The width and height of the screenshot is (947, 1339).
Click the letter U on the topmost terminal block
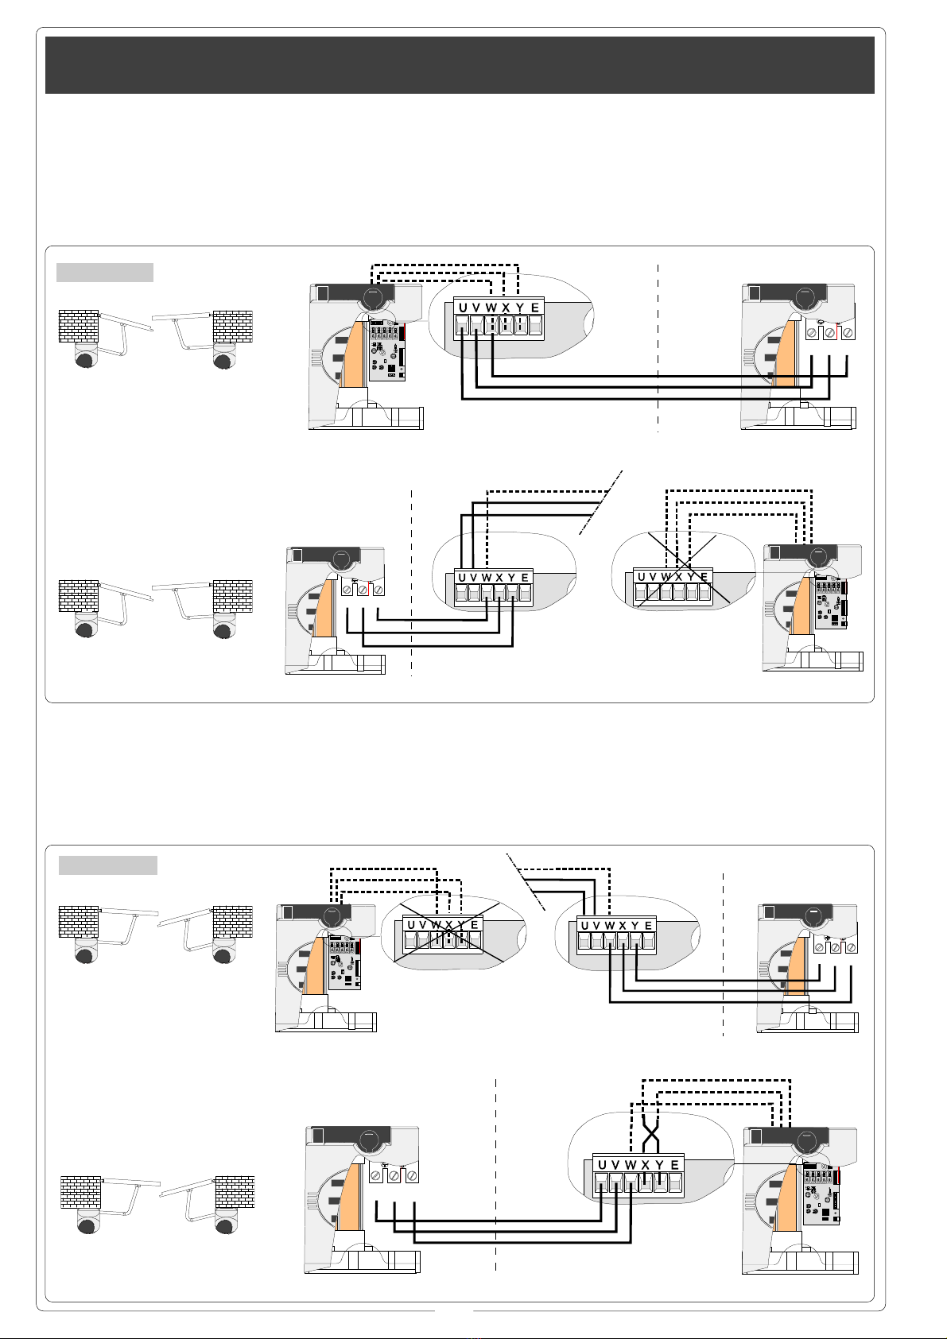point(463,308)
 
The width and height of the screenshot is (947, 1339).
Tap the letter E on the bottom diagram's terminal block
point(674,1165)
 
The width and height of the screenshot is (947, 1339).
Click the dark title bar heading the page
point(460,64)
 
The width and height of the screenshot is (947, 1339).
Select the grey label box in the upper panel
point(104,273)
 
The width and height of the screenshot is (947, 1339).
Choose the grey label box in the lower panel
point(108,865)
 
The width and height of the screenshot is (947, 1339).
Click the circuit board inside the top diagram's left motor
point(386,353)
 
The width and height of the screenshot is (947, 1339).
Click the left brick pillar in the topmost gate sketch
point(79,326)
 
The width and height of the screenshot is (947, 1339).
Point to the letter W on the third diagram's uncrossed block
point(610,926)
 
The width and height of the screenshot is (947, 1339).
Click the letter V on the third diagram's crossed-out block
point(422,925)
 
